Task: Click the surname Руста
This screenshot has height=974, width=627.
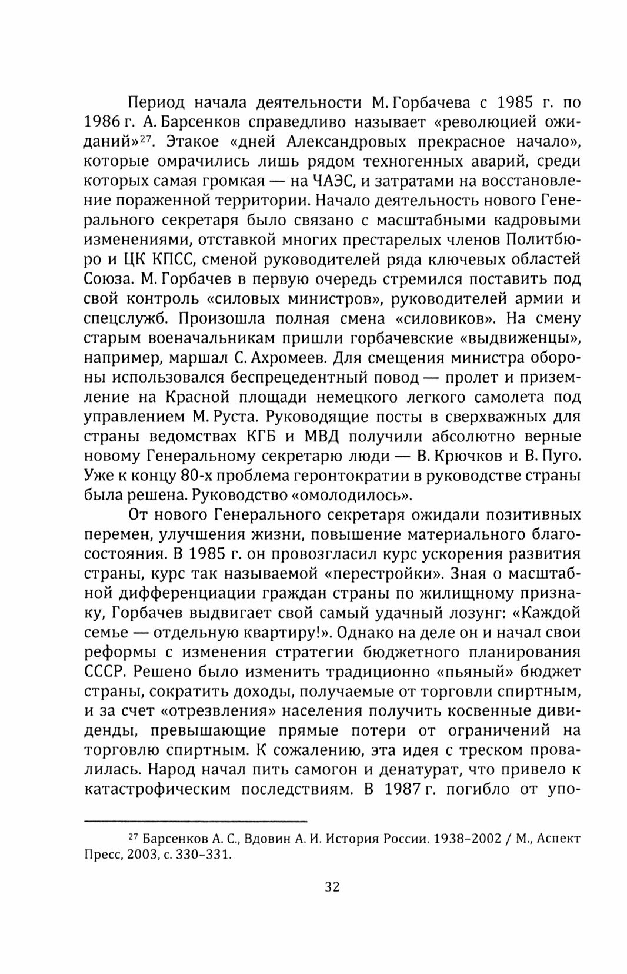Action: click(234, 417)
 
